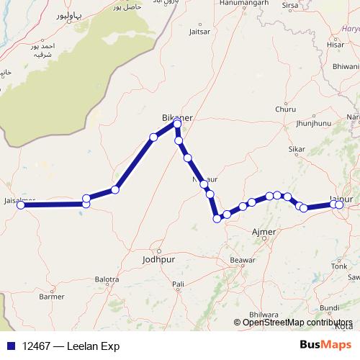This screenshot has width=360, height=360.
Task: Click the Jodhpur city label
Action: point(159,259)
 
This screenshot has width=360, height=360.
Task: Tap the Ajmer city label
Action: point(259,232)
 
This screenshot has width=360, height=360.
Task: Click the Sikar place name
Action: point(297,150)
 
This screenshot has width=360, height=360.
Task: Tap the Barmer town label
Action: point(51,296)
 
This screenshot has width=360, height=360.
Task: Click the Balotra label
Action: point(107,279)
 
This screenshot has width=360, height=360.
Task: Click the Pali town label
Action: point(179,284)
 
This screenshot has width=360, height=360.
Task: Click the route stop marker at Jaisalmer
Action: point(21,205)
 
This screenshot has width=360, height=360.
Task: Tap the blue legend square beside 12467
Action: point(9,346)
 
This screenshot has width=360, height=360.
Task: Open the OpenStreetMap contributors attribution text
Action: point(297,323)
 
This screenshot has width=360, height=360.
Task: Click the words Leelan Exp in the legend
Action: point(93,346)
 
